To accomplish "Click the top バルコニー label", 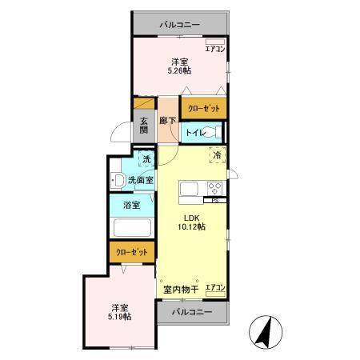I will point(180,25).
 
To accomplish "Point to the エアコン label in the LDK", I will point(214,287).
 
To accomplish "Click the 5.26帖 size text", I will point(178,71).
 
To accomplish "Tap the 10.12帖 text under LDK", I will point(191,227).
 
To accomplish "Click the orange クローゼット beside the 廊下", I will point(203,108).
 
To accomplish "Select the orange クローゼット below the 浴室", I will point(132,251).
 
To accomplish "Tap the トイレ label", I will point(194,133).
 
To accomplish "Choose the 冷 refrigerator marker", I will point(216,156).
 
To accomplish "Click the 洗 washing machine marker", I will point(146,160).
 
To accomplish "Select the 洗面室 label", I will point(141,180).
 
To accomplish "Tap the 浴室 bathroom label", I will point(132,206).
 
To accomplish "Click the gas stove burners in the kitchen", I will point(214,189).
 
